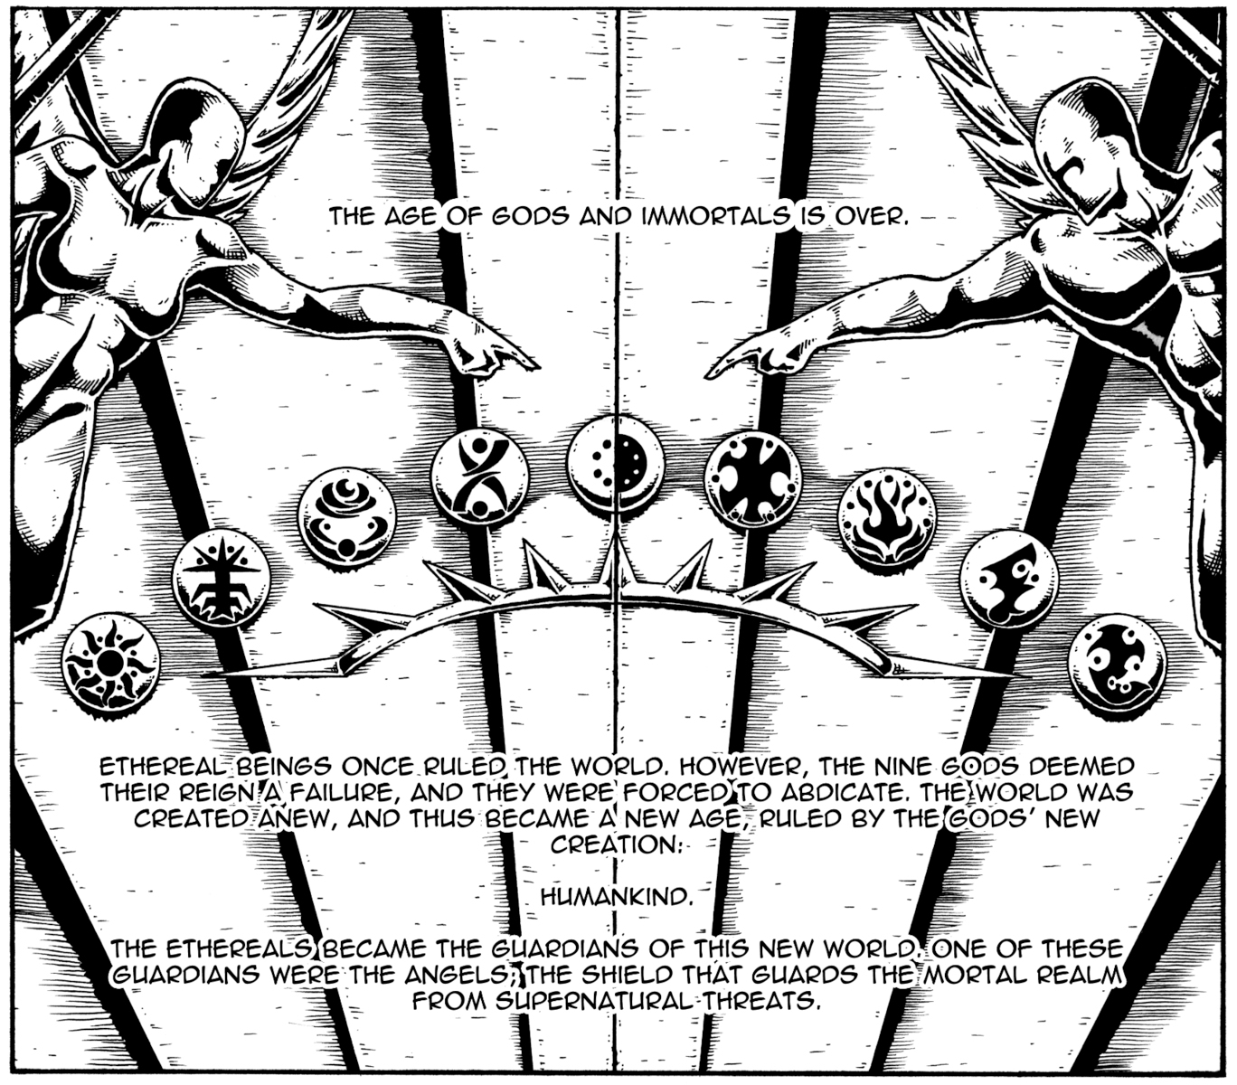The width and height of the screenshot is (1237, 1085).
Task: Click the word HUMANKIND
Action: pyautogui.click(x=617, y=897)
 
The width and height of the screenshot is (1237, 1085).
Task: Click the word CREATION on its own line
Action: pyautogui.click(x=616, y=844)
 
